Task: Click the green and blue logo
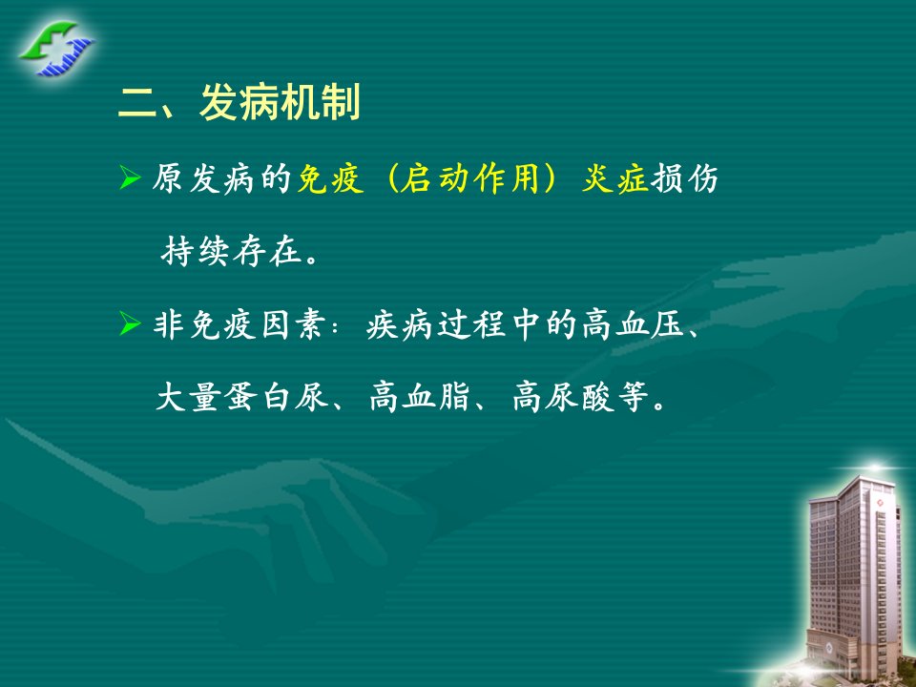pyautogui.click(x=56, y=49)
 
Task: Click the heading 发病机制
pyautogui.click(x=280, y=102)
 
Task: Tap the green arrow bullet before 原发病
pyautogui.click(x=130, y=177)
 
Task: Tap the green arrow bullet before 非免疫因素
pyautogui.click(x=130, y=323)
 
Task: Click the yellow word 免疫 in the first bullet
pyautogui.click(x=331, y=178)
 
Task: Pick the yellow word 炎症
pyautogui.click(x=615, y=178)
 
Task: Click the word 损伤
pyautogui.click(x=684, y=178)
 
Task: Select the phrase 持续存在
pyautogui.click(x=232, y=251)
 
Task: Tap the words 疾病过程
pyautogui.click(x=436, y=324)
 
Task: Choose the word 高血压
pyautogui.click(x=634, y=324)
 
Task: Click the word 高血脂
pyautogui.click(x=420, y=397)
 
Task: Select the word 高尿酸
pyautogui.click(x=563, y=397)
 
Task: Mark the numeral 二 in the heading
pyautogui.click(x=137, y=103)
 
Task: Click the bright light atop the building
pyautogui.click(x=875, y=468)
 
